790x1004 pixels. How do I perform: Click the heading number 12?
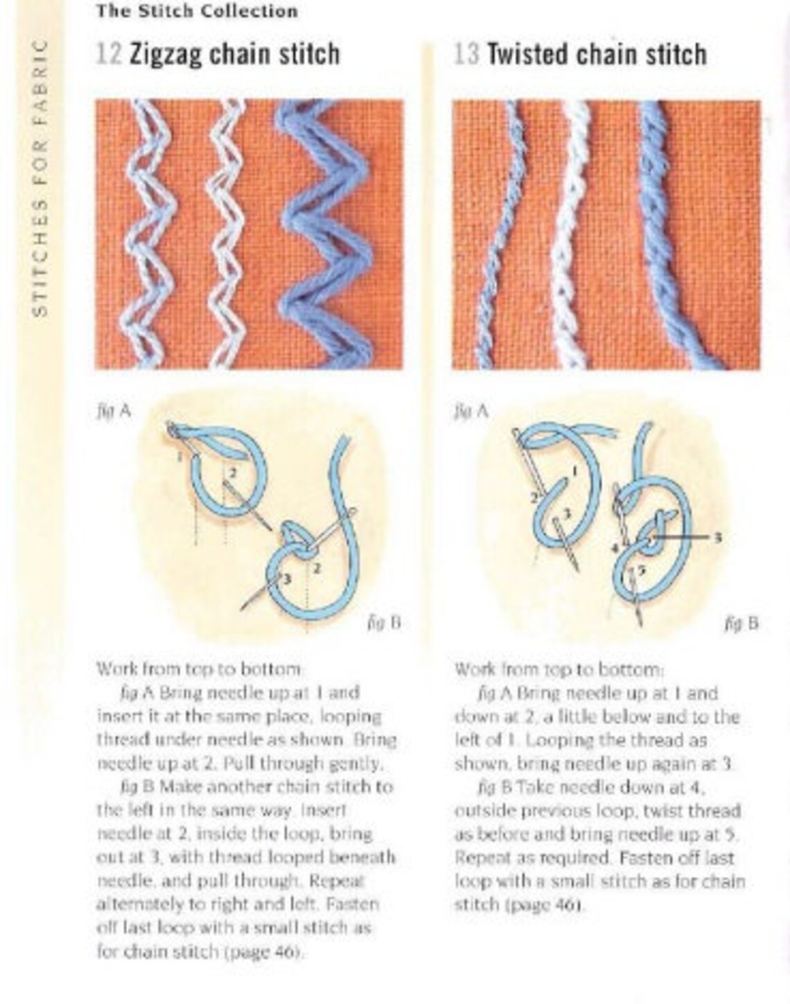tap(109, 55)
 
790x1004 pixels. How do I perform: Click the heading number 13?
tap(466, 55)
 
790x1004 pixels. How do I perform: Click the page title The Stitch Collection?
tap(197, 11)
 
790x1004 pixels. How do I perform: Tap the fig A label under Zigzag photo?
tap(113, 411)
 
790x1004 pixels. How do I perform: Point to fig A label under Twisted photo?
tap(471, 411)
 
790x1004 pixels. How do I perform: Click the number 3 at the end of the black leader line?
tap(718, 537)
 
